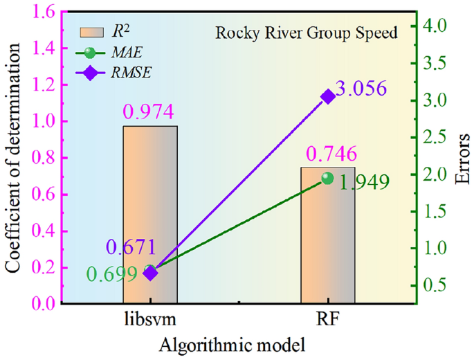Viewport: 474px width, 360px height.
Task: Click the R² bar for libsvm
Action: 150,208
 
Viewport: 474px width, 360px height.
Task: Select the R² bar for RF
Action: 327,235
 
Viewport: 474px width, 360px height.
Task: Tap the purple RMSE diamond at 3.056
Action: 328,96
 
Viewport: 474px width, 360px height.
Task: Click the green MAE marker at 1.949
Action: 327,179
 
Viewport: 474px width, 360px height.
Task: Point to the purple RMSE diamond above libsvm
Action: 151,273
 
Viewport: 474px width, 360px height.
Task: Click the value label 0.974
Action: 150,111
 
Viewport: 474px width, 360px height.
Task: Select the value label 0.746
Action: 327,153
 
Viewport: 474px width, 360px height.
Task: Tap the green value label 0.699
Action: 113,274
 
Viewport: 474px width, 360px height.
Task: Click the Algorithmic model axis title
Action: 237,344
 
